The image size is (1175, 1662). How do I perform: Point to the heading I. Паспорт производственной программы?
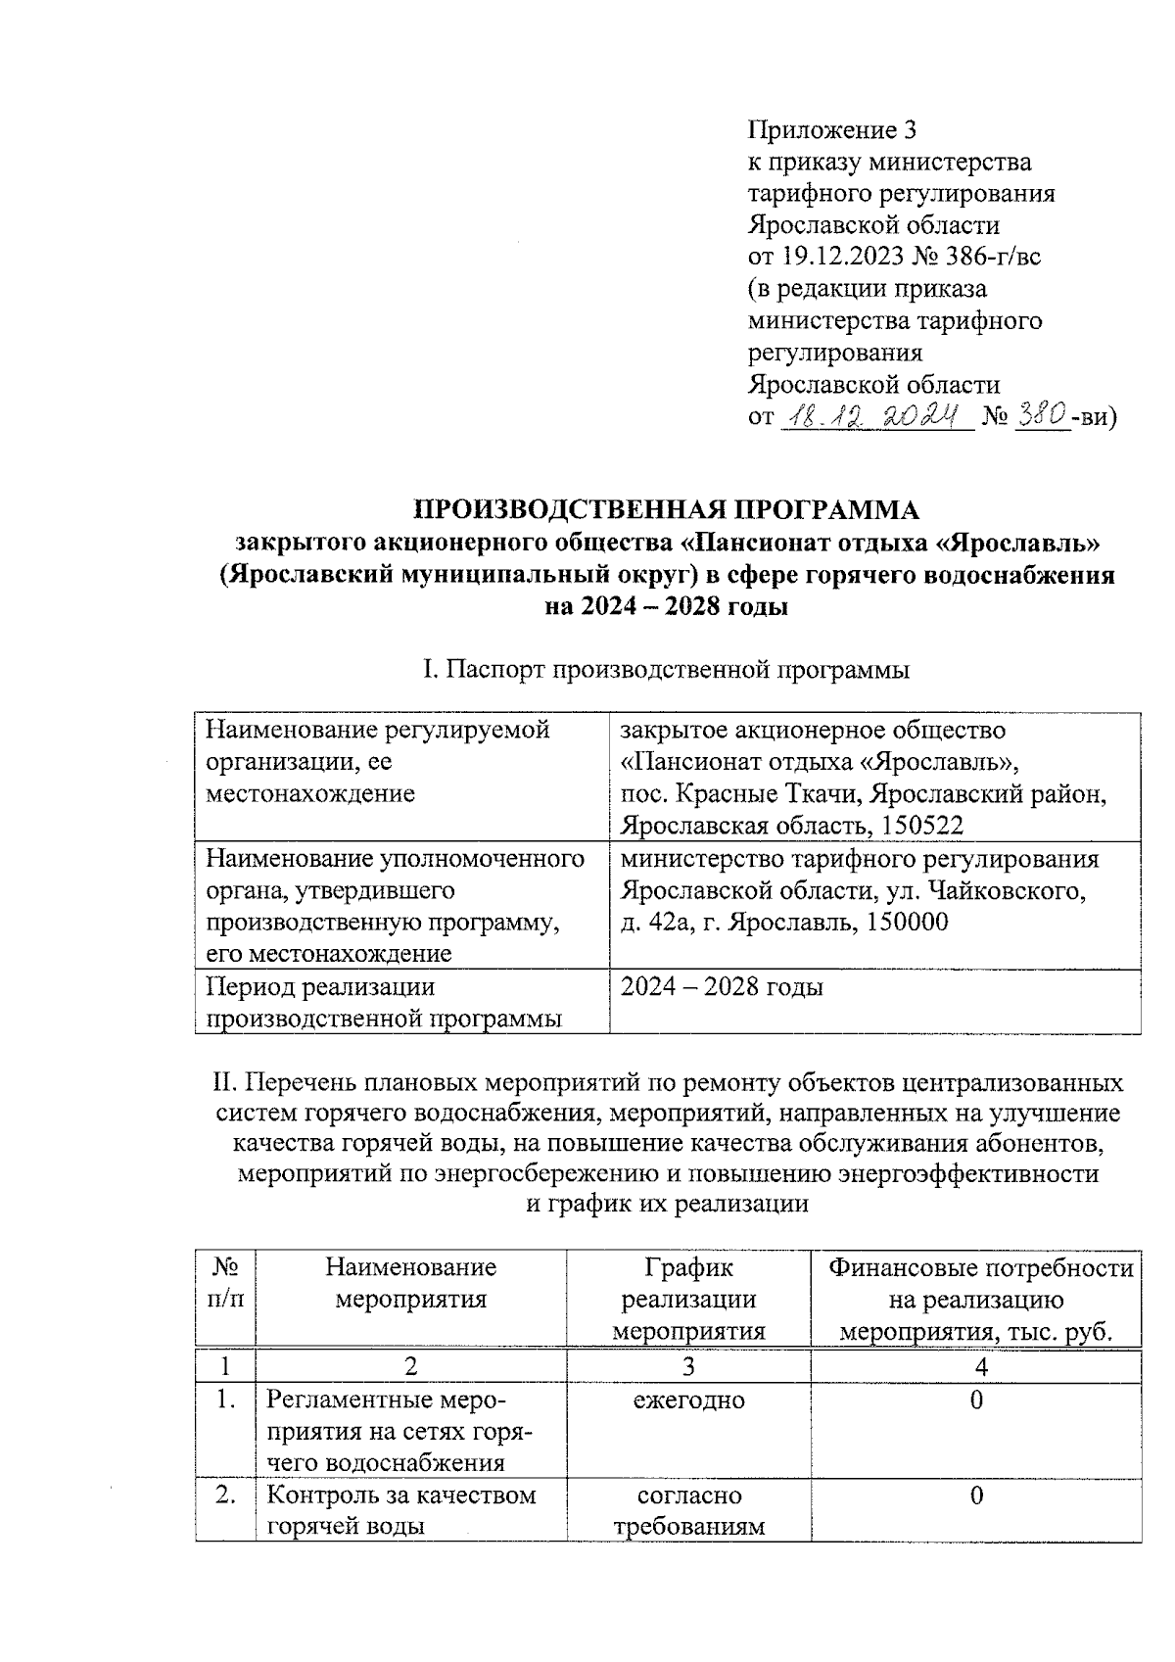666,670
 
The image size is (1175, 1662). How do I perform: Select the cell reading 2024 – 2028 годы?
722,986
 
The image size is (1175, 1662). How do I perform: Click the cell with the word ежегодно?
688,1401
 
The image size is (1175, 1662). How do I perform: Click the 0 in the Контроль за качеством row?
976,1496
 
